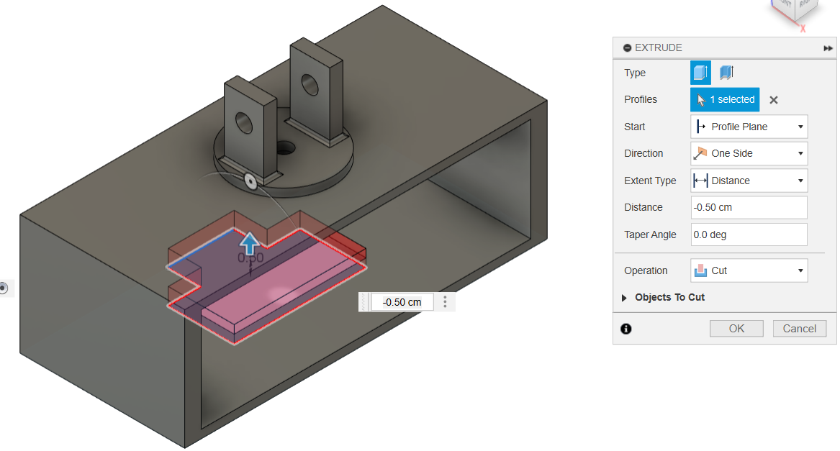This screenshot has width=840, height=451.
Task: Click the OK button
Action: click(x=736, y=329)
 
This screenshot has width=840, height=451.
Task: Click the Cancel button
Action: click(x=799, y=329)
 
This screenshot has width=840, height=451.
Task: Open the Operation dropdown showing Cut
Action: click(x=749, y=270)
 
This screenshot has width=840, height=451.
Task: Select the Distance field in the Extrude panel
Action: click(x=749, y=207)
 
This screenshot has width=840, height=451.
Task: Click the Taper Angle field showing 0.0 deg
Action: click(x=749, y=234)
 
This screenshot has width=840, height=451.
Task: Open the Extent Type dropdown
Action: click(x=749, y=181)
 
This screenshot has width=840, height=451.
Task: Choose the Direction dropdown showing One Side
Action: click(x=749, y=153)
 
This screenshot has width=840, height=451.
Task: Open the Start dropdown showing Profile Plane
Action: click(x=749, y=127)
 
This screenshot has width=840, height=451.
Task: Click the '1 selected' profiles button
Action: click(x=725, y=99)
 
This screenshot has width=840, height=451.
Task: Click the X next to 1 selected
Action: click(x=774, y=100)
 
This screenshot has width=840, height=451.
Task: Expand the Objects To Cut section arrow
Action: click(x=624, y=298)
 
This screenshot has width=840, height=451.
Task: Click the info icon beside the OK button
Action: click(x=626, y=329)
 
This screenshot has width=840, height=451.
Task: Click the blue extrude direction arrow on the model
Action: click(x=250, y=243)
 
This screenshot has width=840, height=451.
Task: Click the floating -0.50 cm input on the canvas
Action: click(x=402, y=302)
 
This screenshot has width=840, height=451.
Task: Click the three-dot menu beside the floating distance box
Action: click(x=446, y=302)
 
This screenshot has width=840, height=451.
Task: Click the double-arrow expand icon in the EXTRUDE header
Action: click(x=828, y=48)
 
